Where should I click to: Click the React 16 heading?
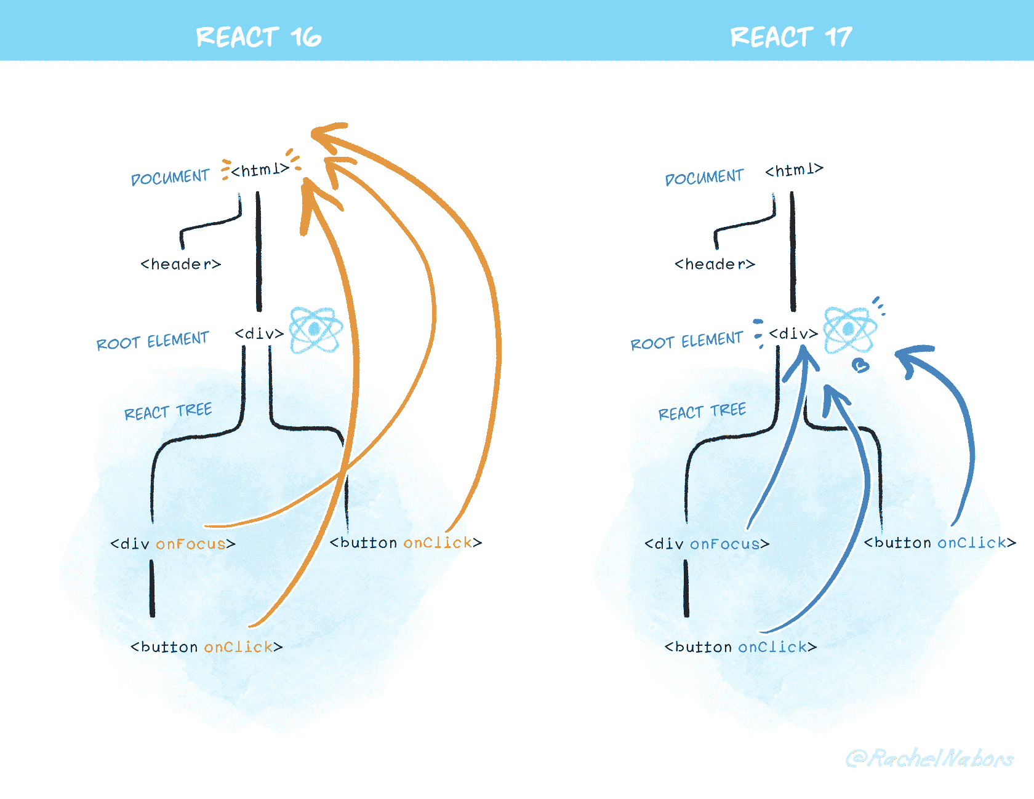(258, 37)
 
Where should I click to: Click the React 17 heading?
(791, 37)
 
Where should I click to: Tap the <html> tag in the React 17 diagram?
(794, 170)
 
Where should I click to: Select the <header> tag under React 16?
(180, 264)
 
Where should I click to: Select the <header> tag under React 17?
(715, 264)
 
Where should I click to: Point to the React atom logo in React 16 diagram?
(316, 330)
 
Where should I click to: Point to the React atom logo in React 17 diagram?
(849, 330)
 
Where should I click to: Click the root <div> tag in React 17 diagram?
(793, 334)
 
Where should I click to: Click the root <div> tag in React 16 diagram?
(259, 334)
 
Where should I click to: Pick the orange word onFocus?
(191, 544)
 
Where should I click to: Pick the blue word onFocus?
(725, 544)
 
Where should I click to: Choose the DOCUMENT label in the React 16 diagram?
(170, 178)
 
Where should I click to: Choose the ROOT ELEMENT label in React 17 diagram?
(686, 341)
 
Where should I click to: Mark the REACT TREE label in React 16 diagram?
(168, 411)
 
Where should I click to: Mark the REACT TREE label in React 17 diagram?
(702, 411)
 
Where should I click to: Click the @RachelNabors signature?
(929, 758)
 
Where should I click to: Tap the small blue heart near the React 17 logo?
(860, 366)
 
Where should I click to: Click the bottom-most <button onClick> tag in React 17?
(740, 647)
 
